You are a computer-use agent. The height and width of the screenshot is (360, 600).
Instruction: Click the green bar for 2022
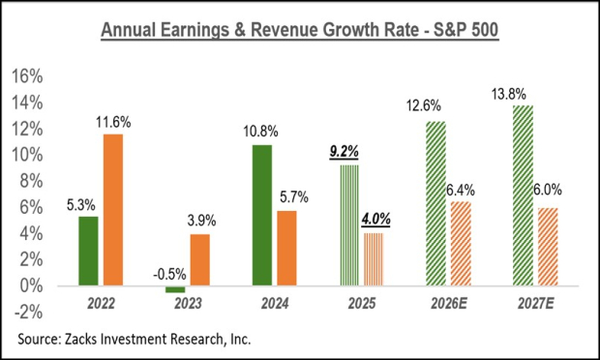pos(88,251)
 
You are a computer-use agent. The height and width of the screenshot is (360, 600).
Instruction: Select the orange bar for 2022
pos(113,210)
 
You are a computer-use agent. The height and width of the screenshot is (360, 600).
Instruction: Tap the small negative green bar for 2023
pos(174,289)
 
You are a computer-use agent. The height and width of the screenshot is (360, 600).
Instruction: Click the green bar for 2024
pos(261,215)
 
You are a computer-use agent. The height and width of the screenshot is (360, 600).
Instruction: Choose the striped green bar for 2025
pos(348,225)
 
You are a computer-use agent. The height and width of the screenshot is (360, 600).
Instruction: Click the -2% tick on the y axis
pos(29,313)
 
